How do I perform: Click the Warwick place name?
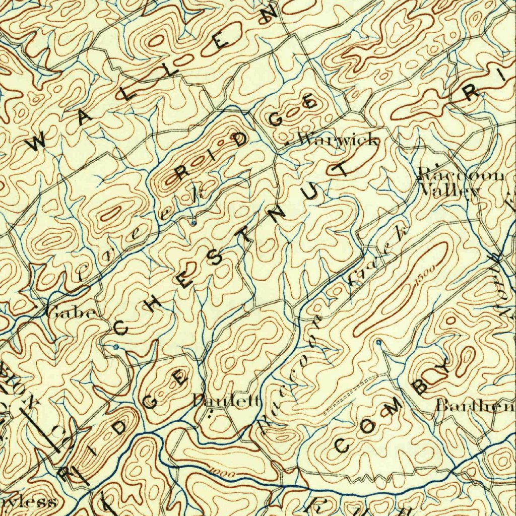pos(338,140)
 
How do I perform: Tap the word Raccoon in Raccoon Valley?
pos(461,175)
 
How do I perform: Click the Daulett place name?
pos(227,401)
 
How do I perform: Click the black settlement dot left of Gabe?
pos(36,306)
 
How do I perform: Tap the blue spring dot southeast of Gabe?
pos(116,347)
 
